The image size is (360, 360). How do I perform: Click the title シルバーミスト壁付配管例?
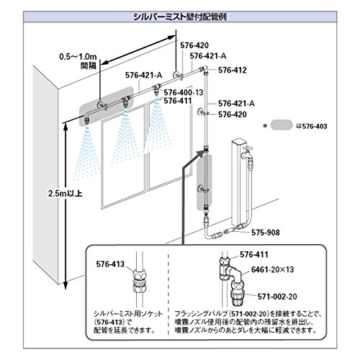click(180, 17)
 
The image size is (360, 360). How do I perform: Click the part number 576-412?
click(233, 70)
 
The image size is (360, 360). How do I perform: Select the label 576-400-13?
click(184, 92)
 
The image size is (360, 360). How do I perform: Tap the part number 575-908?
click(266, 233)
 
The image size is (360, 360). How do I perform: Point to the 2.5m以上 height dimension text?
click(66, 194)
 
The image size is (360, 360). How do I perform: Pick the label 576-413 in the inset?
click(110, 264)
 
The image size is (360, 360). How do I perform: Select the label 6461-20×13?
click(272, 269)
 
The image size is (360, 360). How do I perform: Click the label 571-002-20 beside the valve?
click(277, 297)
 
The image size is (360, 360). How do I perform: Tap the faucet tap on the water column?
click(247, 153)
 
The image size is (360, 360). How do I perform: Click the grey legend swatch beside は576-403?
click(282, 125)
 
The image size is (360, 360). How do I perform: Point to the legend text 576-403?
click(315, 126)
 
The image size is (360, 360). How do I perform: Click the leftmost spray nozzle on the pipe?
click(86, 120)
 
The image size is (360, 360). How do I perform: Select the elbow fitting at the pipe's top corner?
click(204, 69)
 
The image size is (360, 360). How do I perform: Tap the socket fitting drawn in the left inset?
click(140, 281)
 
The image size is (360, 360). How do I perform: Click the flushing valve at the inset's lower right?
click(238, 295)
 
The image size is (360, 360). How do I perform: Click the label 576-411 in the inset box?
click(254, 254)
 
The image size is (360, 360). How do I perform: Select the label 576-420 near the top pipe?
click(194, 45)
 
